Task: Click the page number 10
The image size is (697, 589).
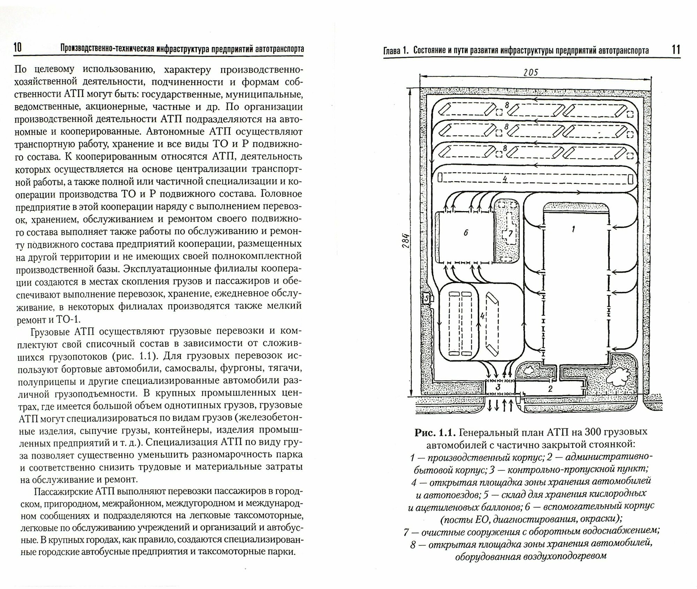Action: tap(17, 48)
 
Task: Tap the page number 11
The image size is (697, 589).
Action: tap(676, 49)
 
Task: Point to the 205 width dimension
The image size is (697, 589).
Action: tap(530, 72)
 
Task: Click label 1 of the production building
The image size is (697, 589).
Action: tap(573, 229)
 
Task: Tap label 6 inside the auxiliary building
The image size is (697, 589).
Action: tap(466, 233)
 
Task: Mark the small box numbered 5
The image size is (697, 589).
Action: tap(426, 298)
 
